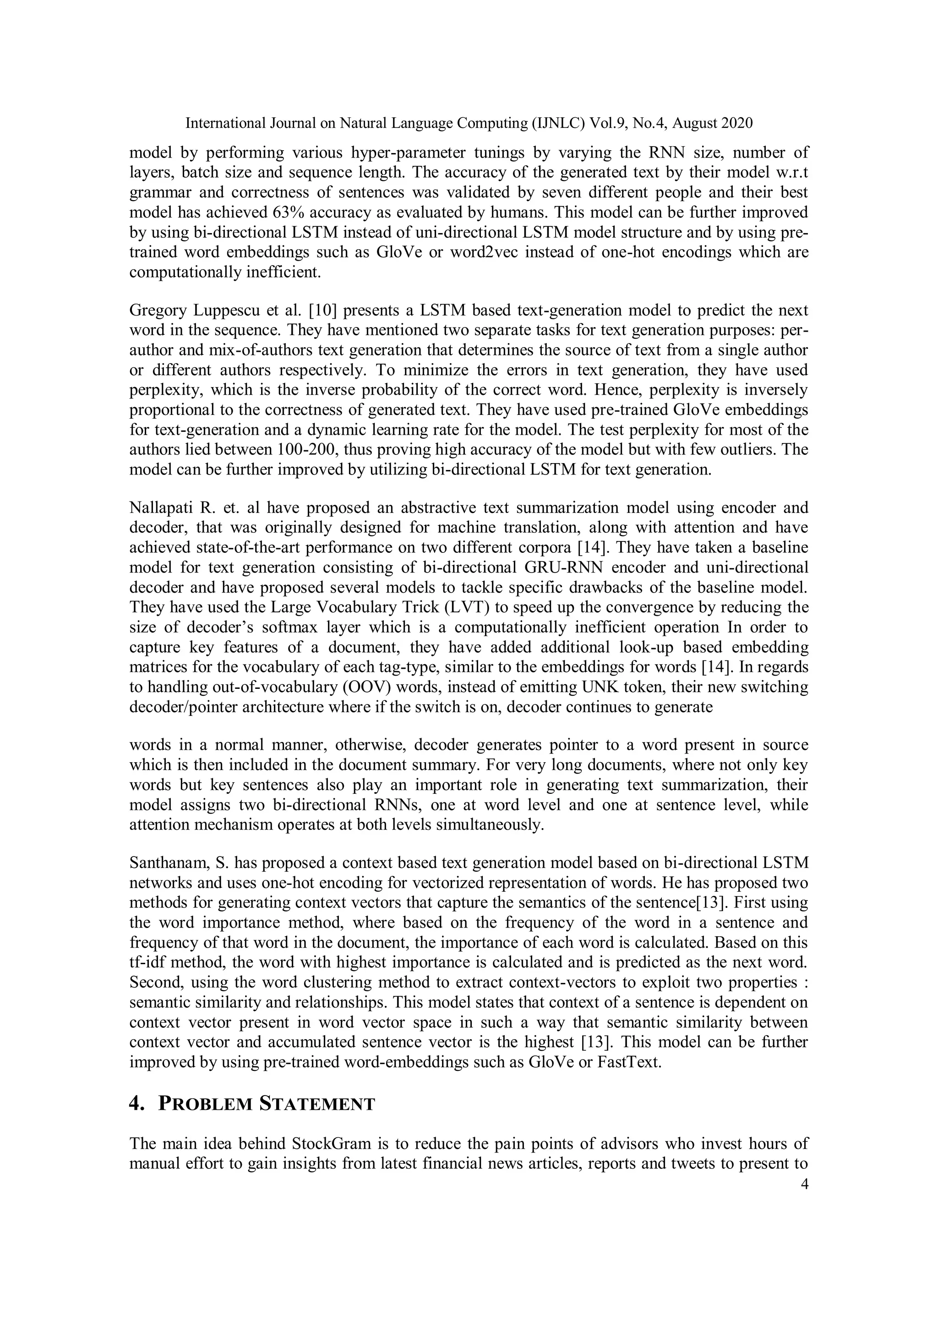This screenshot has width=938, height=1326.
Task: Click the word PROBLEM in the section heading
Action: pyautogui.click(x=205, y=1104)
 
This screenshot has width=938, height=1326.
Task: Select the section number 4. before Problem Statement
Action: pyautogui.click(x=136, y=1104)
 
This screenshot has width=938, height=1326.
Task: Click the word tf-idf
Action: pyautogui.click(x=147, y=963)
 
